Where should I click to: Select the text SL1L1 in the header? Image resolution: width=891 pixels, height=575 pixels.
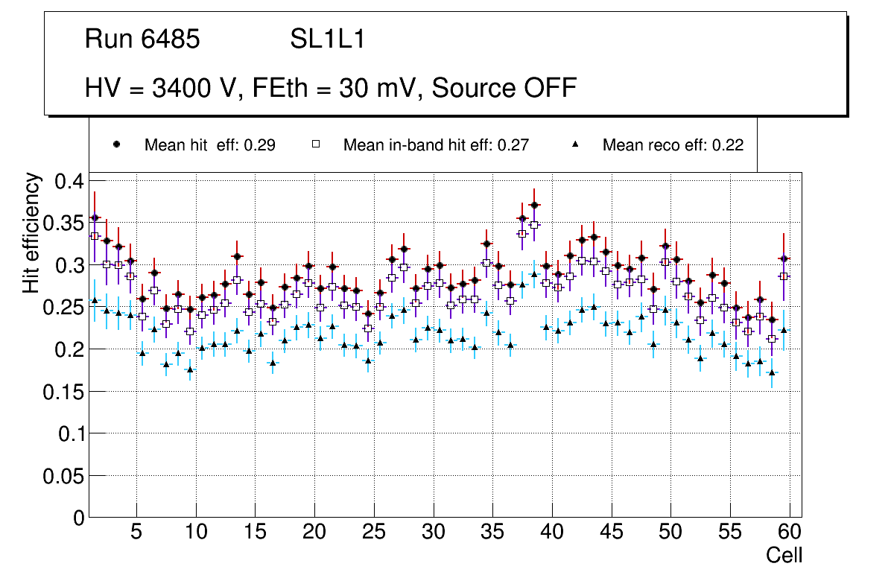(328, 39)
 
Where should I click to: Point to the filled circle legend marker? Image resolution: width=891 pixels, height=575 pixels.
(117, 144)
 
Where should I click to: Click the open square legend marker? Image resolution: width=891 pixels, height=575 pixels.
(316, 144)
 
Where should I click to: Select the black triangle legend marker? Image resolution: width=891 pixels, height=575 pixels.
(576, 144)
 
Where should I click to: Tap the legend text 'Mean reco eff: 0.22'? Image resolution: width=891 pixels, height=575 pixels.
(673, 145)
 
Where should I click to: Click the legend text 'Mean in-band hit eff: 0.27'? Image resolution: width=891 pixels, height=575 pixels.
(436, 145)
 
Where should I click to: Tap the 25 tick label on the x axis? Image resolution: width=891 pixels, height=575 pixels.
(374, 532)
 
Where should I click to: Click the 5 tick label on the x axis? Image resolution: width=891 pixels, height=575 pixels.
(136, 532)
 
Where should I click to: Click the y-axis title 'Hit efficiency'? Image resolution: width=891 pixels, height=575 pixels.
(31, 232)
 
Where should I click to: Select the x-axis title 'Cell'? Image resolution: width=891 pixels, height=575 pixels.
(784, 556)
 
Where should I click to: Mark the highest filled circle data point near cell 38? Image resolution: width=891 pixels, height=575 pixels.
(534, 205)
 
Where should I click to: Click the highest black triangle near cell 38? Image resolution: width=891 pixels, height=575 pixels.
(534, 274)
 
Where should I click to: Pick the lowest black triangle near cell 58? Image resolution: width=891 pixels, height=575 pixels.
(772, 372)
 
